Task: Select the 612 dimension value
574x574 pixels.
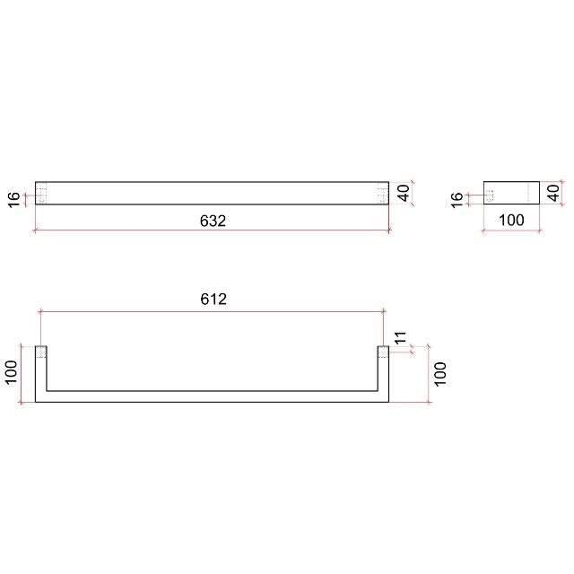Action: (213, 300)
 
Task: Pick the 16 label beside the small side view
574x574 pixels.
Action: (458, 199)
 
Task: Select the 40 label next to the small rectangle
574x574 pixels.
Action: (553, 191)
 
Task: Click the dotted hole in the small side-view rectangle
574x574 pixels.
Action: (489, 194)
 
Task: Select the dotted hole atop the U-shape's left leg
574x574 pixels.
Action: (40, 352)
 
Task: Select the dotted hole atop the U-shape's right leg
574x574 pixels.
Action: (383, 352)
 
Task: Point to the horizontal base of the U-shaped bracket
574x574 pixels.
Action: (212, 396)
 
